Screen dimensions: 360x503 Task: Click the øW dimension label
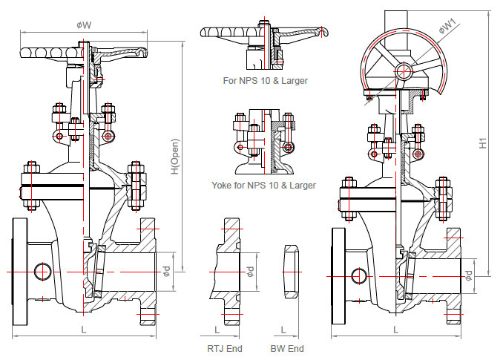pyautogui.click(x=84, y=25)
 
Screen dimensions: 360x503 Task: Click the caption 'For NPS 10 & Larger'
pyautogui.click(x=266, y=80)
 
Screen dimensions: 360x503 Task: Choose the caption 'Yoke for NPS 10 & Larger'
pyautogui.click(x=263, y=185)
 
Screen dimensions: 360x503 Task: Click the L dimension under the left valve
pyautogui.click(x=84, y=328)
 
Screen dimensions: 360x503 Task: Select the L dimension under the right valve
pyautogui.click(x=395, y=328)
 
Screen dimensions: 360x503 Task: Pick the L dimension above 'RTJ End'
pyautogui.click(x=217, y=328)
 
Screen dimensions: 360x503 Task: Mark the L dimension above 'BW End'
pyautogui.click(x=283, y=328)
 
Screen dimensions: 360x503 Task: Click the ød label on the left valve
pyautogui.click(x=168, y=272)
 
